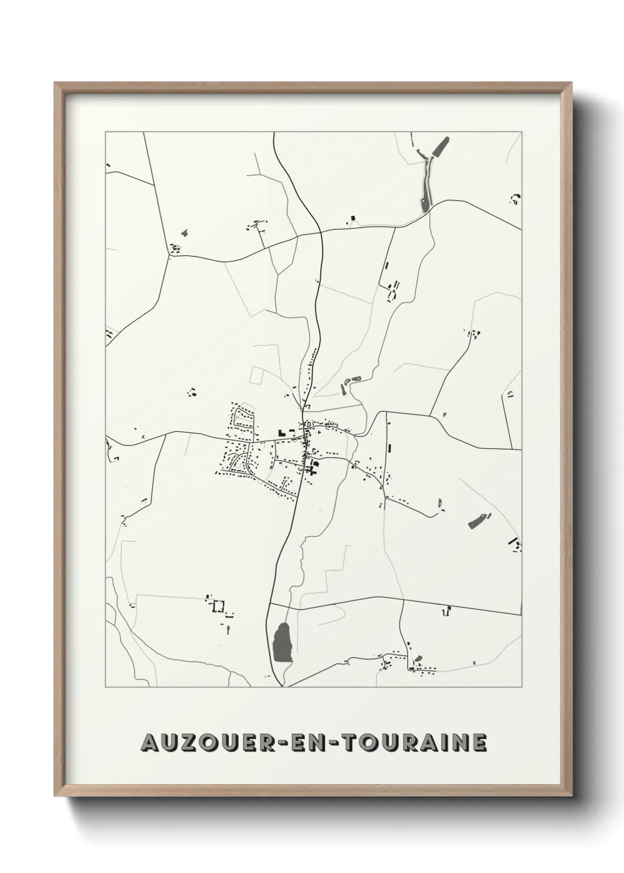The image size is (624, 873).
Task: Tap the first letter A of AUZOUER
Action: (149, 743)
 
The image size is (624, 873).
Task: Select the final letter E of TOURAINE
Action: (480, 743)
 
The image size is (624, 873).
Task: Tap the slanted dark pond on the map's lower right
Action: (478, 520)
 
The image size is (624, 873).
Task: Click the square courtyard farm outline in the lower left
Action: (219, 606)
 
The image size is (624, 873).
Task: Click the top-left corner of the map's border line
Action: (106, 132)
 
